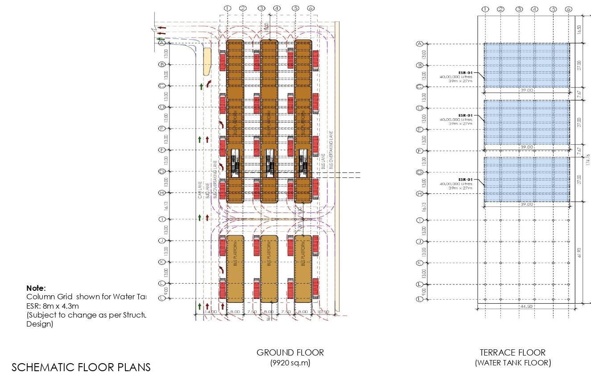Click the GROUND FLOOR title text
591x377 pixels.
(x=290, y=352)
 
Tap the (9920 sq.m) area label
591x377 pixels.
(x=290, y=363)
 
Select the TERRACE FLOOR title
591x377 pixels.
(x=512, y=352)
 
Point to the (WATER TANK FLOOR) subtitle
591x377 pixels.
(x=513, y=363)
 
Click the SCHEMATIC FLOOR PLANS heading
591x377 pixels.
(x=81, y=367)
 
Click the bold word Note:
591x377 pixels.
(x=36, y=288)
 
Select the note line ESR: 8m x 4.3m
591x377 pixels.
(x=53, y=306)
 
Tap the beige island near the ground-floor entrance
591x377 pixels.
(x=207, y=62)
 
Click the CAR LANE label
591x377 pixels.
(x=200, y=189)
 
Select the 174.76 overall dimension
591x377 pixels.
(x=588, y=160)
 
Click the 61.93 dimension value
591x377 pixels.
(x=579, y=253)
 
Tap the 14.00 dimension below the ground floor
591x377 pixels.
(x=211, y=312)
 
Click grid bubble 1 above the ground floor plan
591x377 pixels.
(x=227, y=8)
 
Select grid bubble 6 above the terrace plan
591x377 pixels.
(x=568, y=9)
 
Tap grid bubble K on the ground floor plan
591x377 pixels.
(x=162, y=262)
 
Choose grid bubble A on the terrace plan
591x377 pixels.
(x=419, y=44)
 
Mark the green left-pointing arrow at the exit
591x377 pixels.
(x=160, y=39)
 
